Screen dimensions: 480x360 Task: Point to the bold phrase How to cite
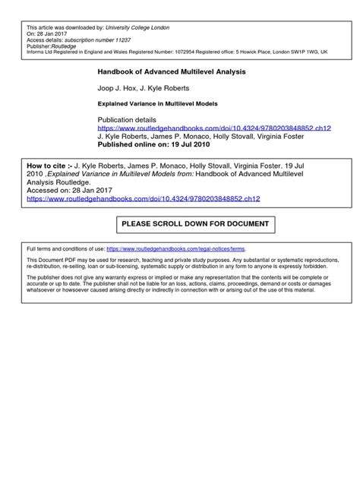coord(43,164)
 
